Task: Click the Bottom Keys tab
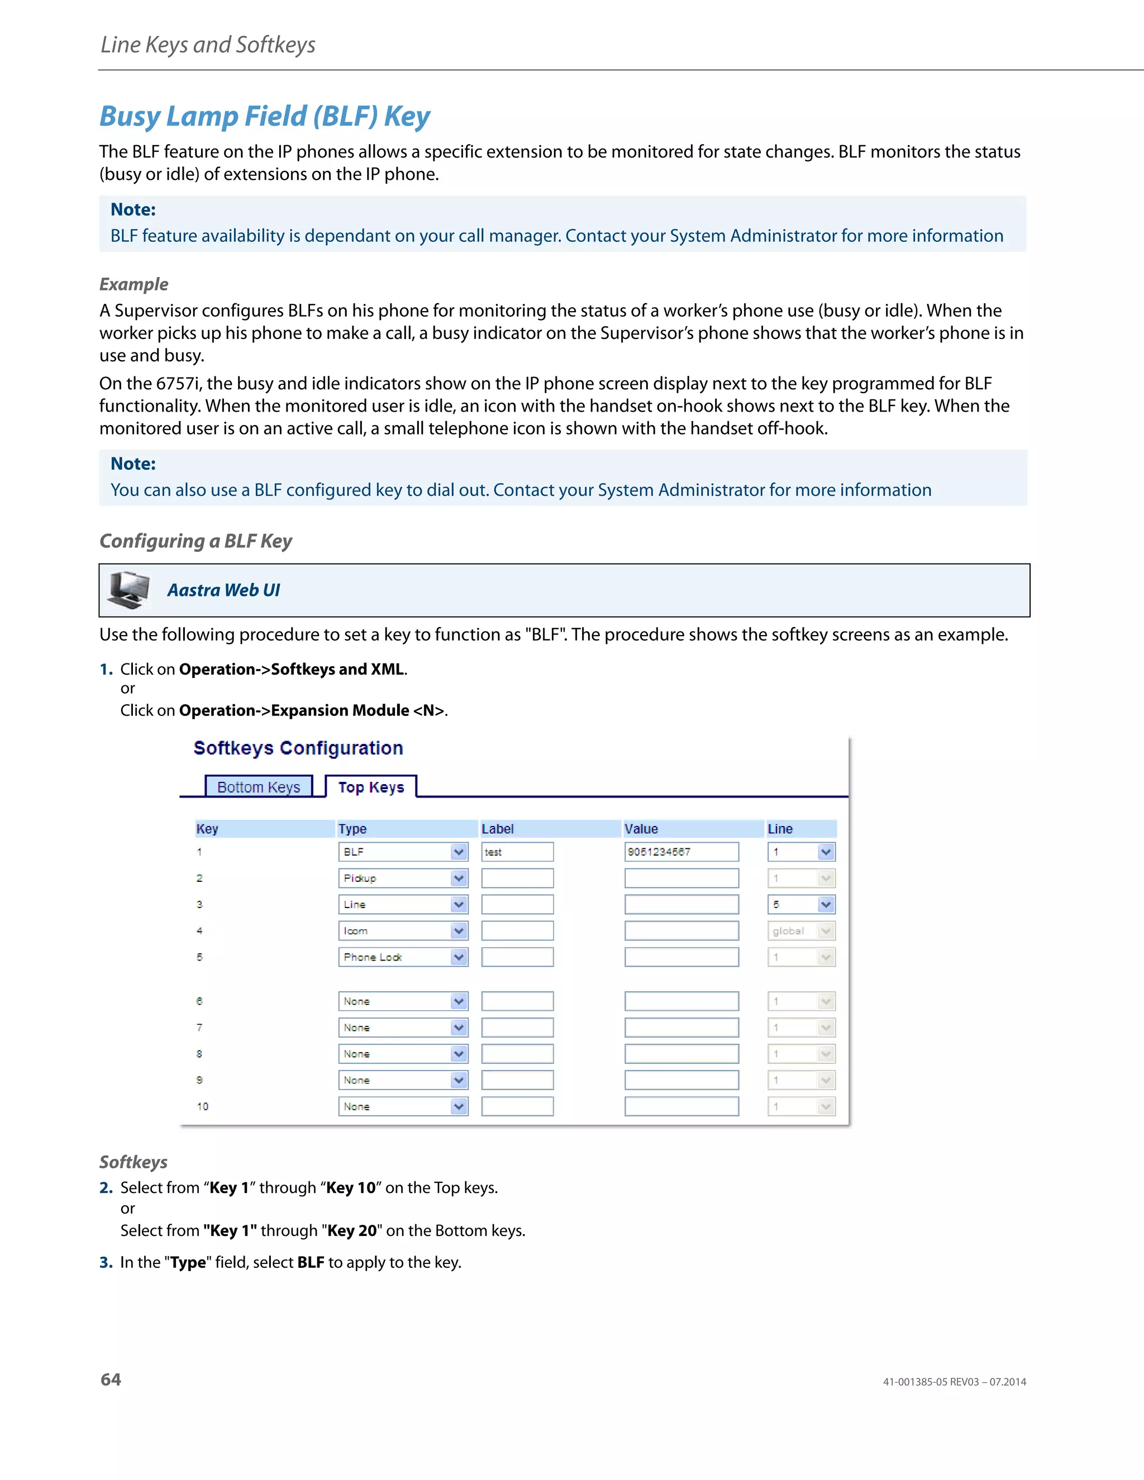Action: pyautogui.click(x=258, y=787)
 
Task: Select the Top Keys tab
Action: pyautogui.click(x=371, y=787)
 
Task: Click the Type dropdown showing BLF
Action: pyautogui.click(x=403, y=852)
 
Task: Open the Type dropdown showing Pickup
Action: pyautogui.click(x=403, y=879)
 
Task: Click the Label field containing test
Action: pyautogui.click(x=517, y=852)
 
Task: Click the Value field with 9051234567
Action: pyautogui.click(x=681, y=852)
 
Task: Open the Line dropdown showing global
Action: pyautogui.click(x=801, y=931)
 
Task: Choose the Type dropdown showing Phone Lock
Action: pyautogui.click(x=403, y=957)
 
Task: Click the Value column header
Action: pyautogui.click(x=641, y=829)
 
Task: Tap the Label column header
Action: pyautogui.click(x=498, y=829)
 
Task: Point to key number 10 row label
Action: pyautogui.click(x=203, y=1106)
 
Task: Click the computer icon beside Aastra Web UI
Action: pyautogui.click(x=129, y=590)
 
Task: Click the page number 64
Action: pyautogui.click(x=111, y=1379)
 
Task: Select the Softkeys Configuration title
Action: pyautogui.click(x=298, y=748)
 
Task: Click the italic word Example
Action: pyautogui.click(x=134, y=284)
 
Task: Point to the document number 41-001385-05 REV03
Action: pyautogui.click(x=931, y=1382)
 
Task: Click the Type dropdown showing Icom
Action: pyautogui.click(x=403, y=931)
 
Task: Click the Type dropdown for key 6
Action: pyautogui.click(x=403, y=1001)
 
